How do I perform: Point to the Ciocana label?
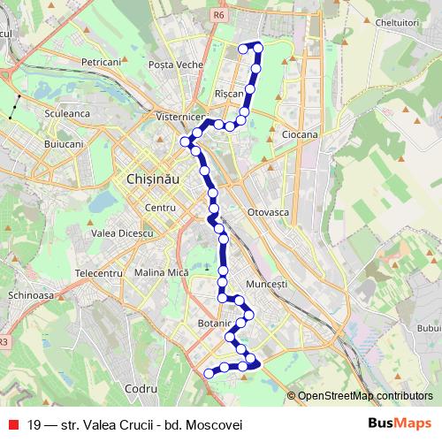pos(299,133)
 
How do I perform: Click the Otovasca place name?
pos(269,213)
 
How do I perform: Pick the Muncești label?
pos(270,285)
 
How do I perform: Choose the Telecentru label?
pos(98,274)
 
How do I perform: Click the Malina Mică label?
pos(162,274)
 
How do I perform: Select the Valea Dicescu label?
pos(123,232)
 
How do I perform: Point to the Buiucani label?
pos(62,142)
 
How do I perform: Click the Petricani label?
pos(100,63)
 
